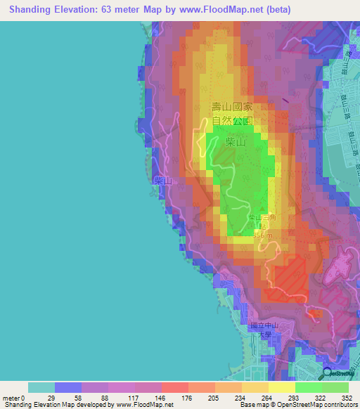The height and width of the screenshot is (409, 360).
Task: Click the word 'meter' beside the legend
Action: pyautogui.click(x=11, y=398)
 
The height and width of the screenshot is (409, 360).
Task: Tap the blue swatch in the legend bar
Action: pyautogui.click(x=68, y=387)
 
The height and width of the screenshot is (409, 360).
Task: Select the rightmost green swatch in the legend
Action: pyautogui.click(x=335, y=387)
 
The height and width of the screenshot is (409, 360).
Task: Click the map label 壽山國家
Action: pyautogui.click(x=232, y=108)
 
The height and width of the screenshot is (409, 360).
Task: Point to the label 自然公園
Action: pyautogui.click(x=232, y=120)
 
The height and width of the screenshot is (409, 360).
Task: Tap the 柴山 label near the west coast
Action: pyautogui.click(x=163, y=181)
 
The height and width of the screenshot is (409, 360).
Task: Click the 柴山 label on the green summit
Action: pyautogui.click(x=236, y=143)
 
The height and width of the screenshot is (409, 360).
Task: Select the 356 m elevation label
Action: pyautogui.click(x=261, y=235)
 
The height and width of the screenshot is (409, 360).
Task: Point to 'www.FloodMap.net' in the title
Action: pyautogui.click(x=215, y=10)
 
